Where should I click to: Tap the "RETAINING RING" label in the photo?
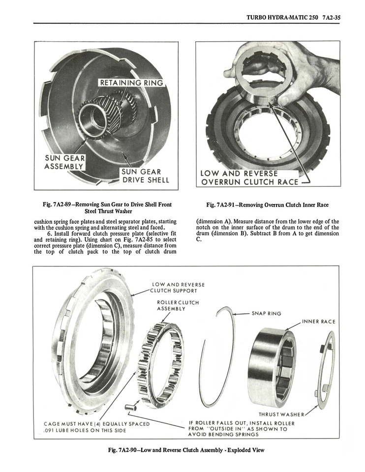(131, 83)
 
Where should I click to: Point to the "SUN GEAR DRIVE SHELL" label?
(145, 176)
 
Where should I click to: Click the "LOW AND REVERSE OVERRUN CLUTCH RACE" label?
(249, 177)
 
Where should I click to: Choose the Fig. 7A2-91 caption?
(268, 205)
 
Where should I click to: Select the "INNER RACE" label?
(318, 322)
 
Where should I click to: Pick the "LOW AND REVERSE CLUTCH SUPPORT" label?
(178, 287)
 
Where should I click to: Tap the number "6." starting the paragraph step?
(51, 233)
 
